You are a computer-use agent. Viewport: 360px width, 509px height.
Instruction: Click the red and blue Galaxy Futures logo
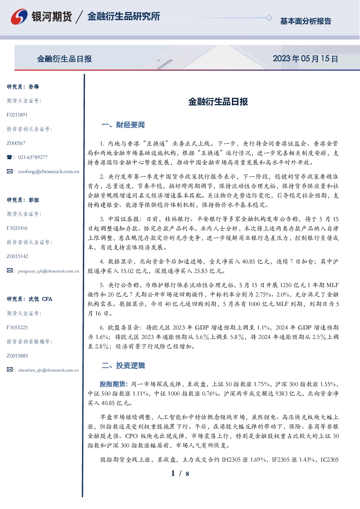click(19, 17)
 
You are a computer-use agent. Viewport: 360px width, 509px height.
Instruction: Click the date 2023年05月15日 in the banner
click(306, 59)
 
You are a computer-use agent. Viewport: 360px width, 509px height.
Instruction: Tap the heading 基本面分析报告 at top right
click(306, 21)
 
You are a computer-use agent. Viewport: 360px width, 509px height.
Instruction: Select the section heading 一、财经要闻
click(123, 125)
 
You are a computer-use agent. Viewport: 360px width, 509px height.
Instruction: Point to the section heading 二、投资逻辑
click(123, 366)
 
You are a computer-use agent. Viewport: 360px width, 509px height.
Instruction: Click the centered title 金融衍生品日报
click(218, 102)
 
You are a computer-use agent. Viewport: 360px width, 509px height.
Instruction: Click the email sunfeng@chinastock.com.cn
click(49, 172)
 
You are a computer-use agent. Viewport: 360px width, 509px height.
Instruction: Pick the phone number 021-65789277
click(33, 157)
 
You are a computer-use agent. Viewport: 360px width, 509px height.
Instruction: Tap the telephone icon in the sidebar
click(9, 157)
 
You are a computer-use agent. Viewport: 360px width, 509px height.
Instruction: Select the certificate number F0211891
click(17, 115)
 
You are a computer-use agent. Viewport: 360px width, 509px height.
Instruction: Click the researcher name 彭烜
click(34, 200)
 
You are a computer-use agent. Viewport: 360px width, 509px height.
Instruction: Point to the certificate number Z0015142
click(17, 256)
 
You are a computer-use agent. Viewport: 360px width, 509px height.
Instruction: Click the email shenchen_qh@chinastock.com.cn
click(48, 370)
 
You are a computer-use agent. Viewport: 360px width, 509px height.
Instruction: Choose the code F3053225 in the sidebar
click(17, 328)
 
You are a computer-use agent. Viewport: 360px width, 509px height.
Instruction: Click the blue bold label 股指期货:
click(114, 384)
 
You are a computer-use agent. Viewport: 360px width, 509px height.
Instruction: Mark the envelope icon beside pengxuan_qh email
click(10, 271)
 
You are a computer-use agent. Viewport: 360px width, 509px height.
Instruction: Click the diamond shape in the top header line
click(269, 18)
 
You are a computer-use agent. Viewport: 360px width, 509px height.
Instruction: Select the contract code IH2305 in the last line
click(231, 460)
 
